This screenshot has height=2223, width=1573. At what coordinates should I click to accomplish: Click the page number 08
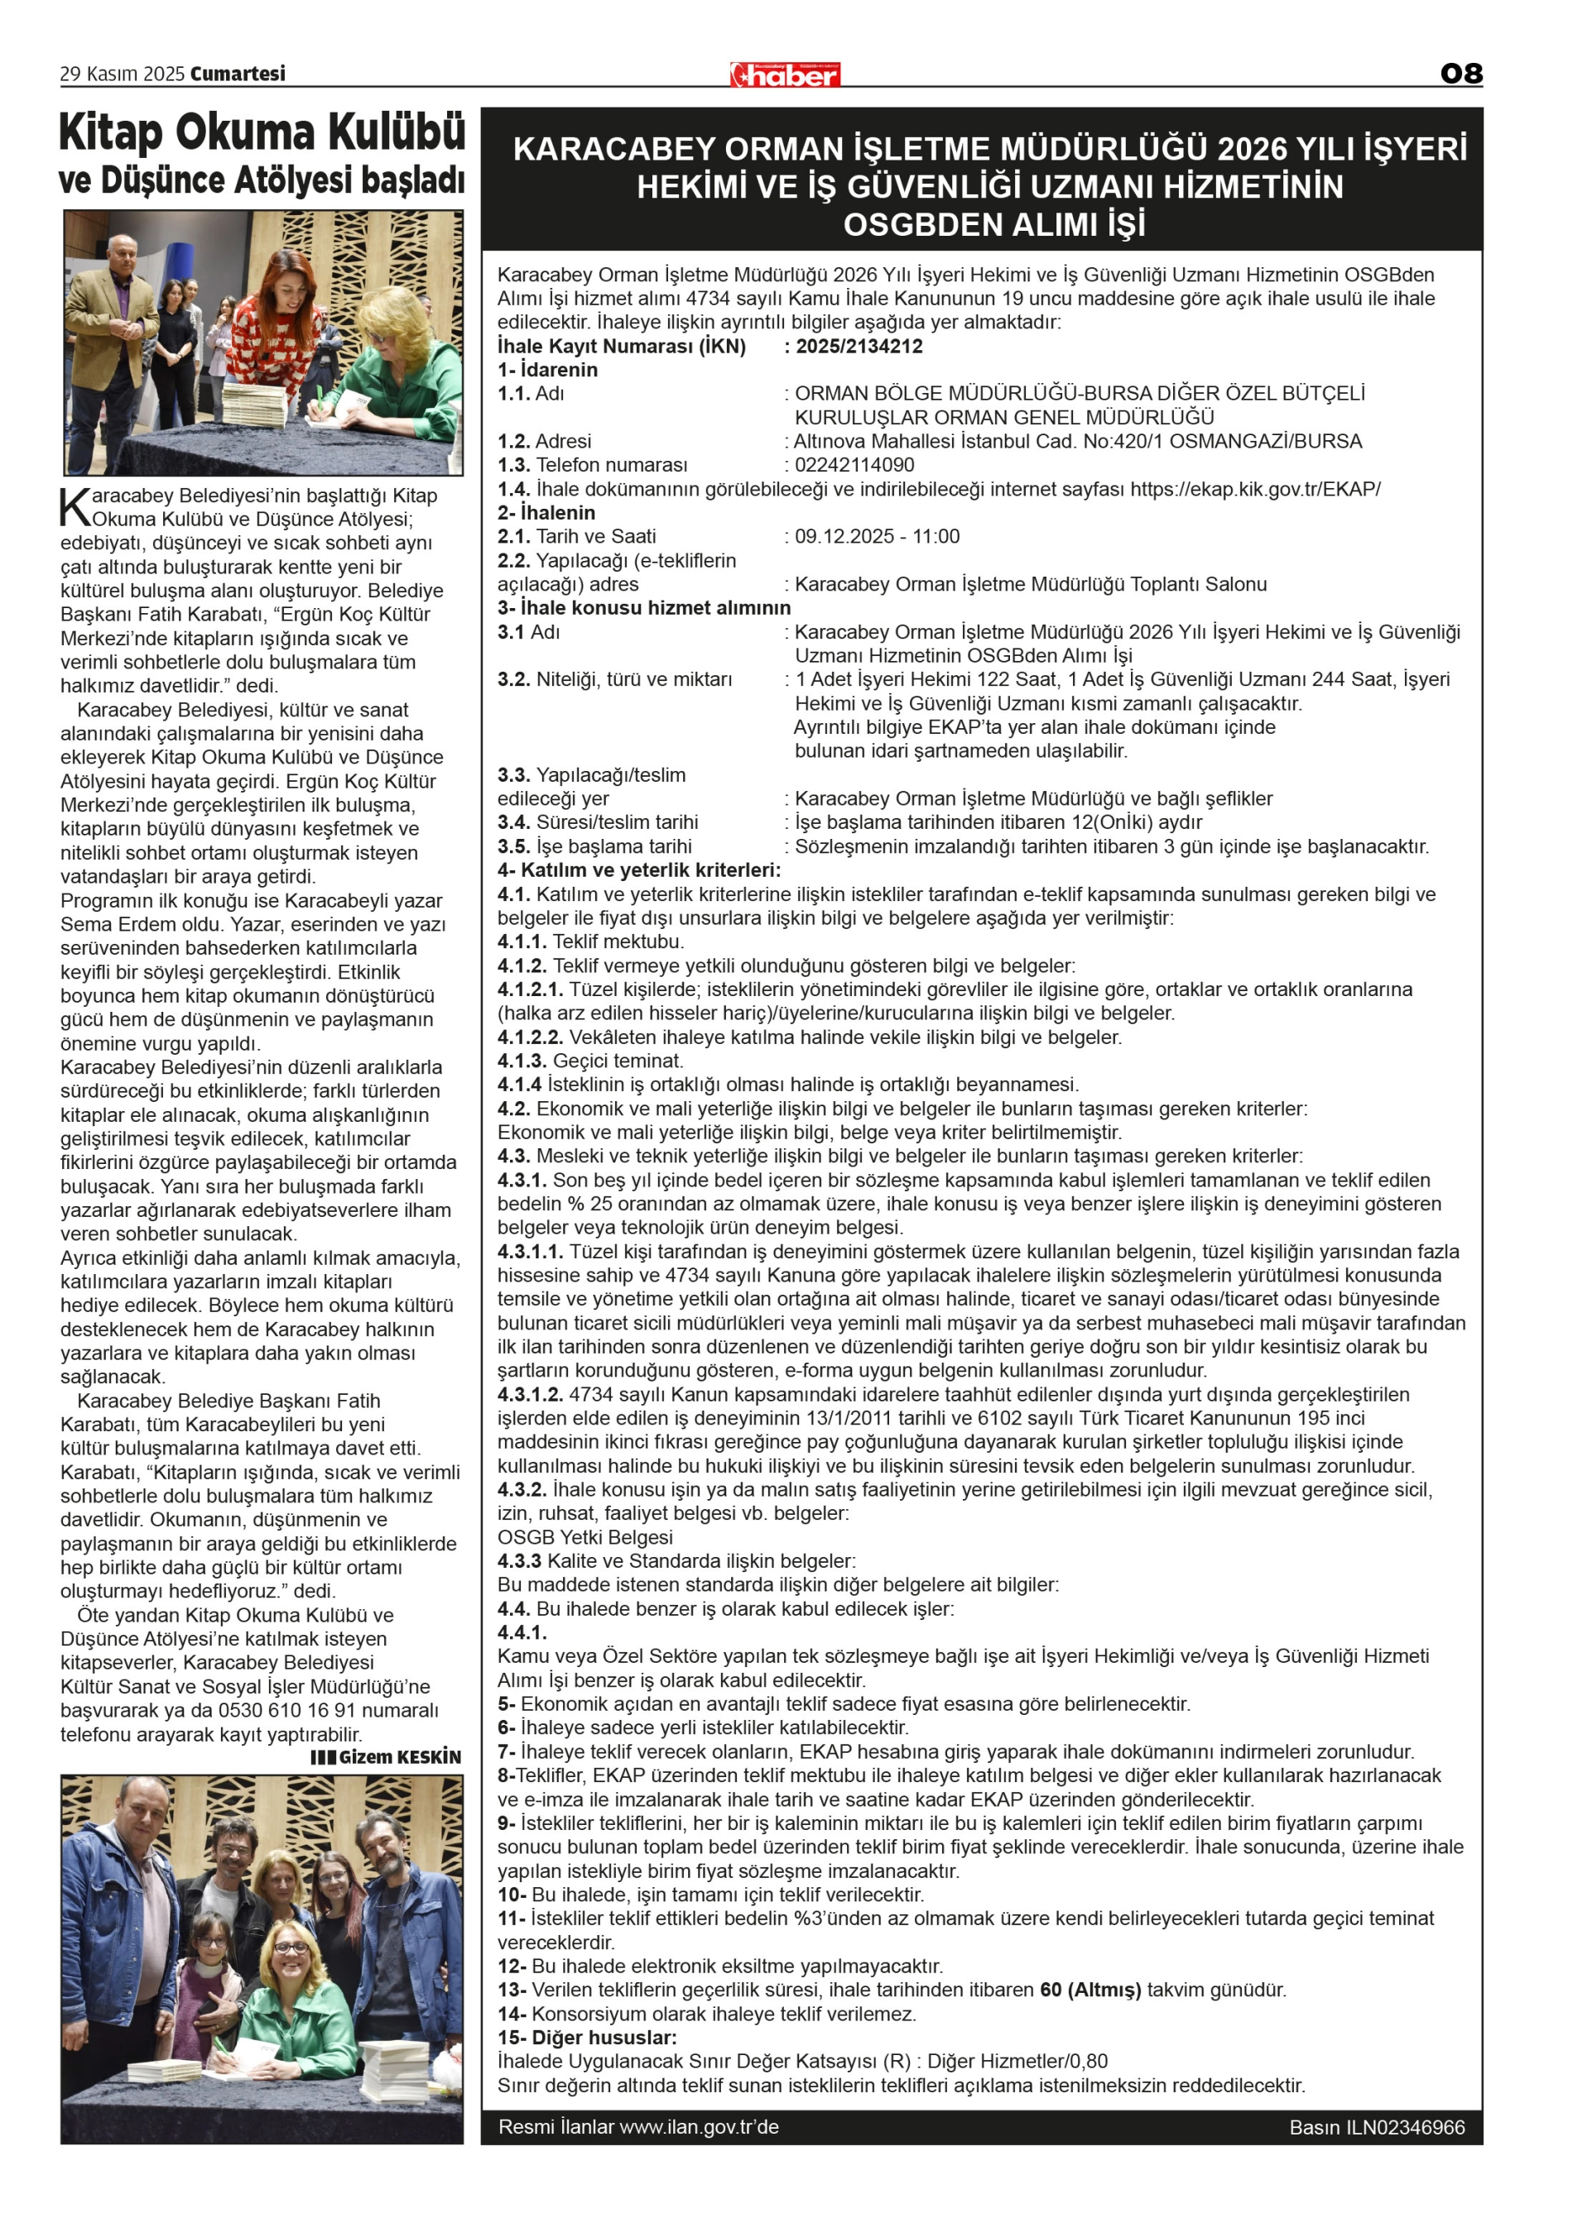pos(1460,74)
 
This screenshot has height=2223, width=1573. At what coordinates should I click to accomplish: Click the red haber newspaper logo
pos(785,74)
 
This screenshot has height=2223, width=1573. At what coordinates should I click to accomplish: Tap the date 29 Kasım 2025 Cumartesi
pos(172,74)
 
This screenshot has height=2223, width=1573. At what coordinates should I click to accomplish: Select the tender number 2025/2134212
pos(859,346)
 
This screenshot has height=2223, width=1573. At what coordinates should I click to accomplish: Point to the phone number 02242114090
pos(854,465)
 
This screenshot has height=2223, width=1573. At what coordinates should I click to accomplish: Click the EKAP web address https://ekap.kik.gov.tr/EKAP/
pos(1255,489)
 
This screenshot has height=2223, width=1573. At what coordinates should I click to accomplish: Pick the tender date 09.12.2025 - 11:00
pos(877,536)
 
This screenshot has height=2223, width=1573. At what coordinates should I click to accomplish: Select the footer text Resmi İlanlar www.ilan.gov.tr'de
pos(638,2127)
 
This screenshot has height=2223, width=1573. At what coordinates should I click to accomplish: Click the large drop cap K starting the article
pos(75,506)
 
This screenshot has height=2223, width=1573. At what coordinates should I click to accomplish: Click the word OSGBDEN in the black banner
pos(921,225)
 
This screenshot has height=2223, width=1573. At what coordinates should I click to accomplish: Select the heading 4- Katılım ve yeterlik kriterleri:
pos(638,870)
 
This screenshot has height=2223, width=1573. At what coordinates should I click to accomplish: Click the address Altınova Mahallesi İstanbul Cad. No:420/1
pos(979,442)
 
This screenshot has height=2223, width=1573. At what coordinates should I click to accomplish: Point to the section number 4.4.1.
pos(522,1632)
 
